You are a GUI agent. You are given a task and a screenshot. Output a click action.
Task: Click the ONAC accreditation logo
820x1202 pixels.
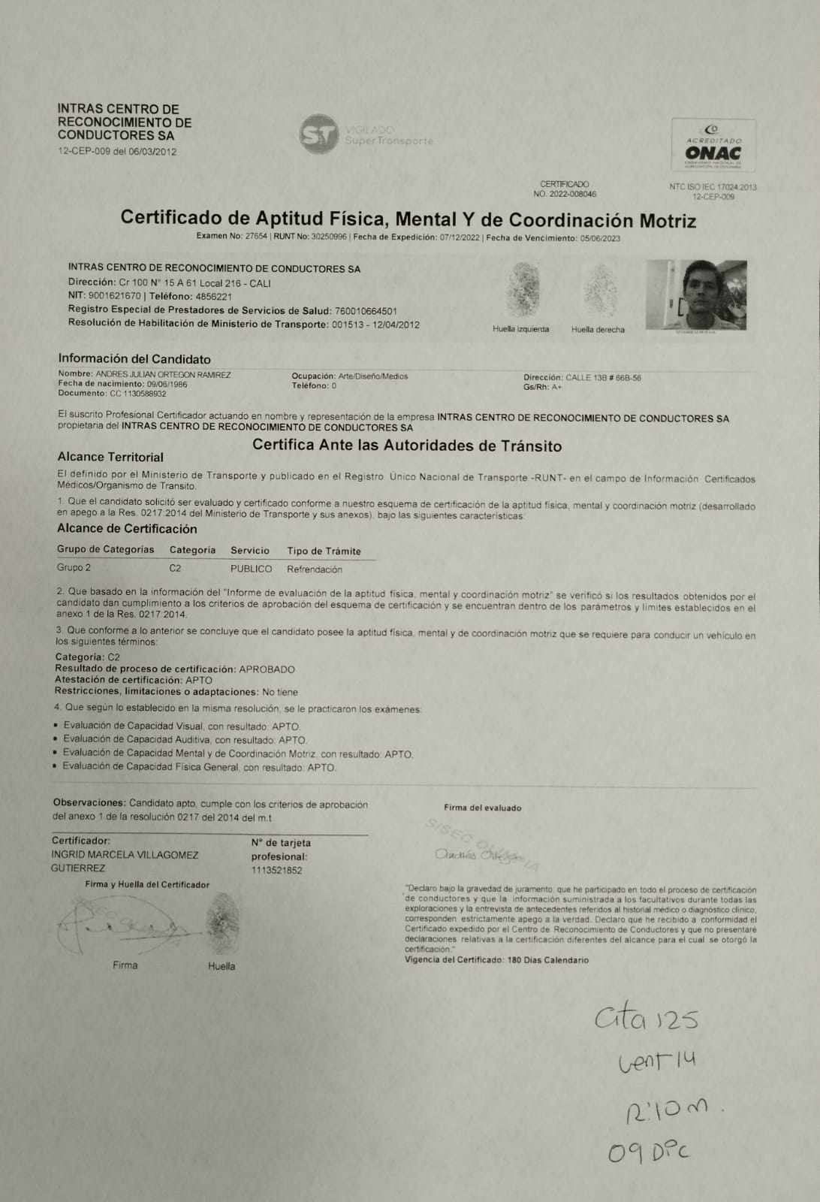coord(713,146)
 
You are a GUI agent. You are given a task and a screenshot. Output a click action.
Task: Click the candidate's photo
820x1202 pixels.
coord(696,295)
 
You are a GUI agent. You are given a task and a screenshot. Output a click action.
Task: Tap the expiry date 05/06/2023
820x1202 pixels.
coord(600,238)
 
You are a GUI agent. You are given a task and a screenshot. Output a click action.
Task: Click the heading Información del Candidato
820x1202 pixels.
coord(134,359)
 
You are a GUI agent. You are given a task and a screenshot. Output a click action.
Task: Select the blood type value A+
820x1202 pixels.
coord(556,387)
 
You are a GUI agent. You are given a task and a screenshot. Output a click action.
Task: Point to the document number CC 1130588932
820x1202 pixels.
coord(130,394)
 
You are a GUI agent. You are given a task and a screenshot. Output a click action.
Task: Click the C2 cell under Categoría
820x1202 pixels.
coord(175,568)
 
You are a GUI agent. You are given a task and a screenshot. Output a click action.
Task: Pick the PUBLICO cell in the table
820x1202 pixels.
coord(251,569)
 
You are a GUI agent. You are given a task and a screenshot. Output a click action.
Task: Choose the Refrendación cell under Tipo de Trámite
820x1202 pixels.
coord(314,569)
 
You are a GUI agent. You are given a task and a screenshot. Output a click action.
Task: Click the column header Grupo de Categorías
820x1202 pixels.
coord(105,549)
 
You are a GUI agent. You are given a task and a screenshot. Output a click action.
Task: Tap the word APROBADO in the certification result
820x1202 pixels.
coord(267,669)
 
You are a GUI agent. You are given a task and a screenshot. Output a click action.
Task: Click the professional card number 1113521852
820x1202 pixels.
coord(276,870)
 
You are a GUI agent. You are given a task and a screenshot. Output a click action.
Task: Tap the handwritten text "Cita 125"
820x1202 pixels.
coord(646,1020)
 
